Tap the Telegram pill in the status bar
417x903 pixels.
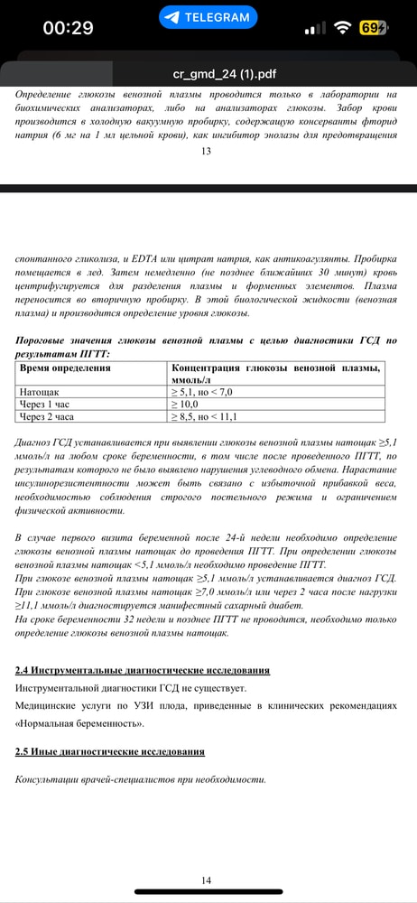click(x=208, y=17)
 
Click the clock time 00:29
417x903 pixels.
click(x=68, y=28)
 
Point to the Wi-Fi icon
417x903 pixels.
click(x=341, y=28)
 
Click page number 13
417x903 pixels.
click(x=207, y=151)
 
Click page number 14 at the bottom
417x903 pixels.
click(x=207, y=880)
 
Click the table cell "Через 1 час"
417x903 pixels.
click(x=48, y=405)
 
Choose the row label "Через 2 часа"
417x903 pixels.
click(x=50, y=417)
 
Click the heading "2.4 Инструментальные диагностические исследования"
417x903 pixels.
click(x=143, y=670)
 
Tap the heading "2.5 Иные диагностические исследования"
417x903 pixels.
click(x=110, y=751)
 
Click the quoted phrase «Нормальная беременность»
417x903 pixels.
click(x=79, y=723)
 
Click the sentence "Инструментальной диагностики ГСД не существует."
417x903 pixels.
click(x=135, y=688)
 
